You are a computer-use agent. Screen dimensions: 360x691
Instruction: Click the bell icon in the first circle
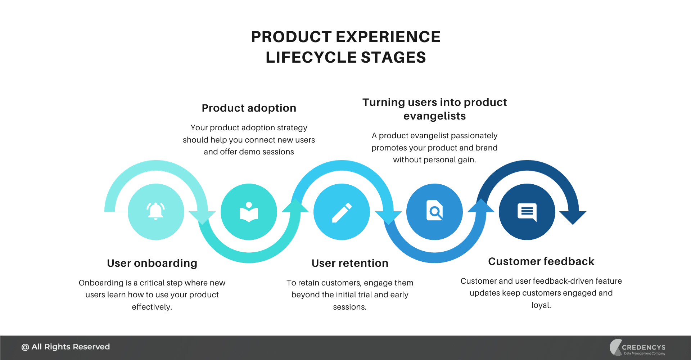click(x=155, y=211)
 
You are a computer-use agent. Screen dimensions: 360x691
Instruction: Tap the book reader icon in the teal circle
click(x=249, y=212)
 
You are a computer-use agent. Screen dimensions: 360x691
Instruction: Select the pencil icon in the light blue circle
click(x=342, y=212)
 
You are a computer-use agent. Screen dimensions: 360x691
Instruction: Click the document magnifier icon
click(x=434, y=211)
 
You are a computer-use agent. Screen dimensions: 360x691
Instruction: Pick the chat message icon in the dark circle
click(x=527, y=212)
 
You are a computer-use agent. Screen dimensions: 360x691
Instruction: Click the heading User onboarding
click(x=152, y=263)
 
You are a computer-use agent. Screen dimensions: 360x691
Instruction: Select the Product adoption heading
click(x=249, y=108)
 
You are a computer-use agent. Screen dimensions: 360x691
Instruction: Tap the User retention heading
click(x=350, y=263)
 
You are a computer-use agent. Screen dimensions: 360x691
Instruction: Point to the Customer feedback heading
click(x=541, y=261)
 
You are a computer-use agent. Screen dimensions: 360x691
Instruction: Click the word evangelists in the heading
click(x=434, y=116)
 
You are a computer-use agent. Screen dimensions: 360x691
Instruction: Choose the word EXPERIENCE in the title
click(x=388, y=37)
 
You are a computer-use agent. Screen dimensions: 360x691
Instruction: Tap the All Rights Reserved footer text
click(x=66, y=347)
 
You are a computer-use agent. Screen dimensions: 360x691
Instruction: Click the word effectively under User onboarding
click(x=151, y=307)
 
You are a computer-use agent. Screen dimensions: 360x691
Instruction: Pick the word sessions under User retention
click(x=349, y=307)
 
